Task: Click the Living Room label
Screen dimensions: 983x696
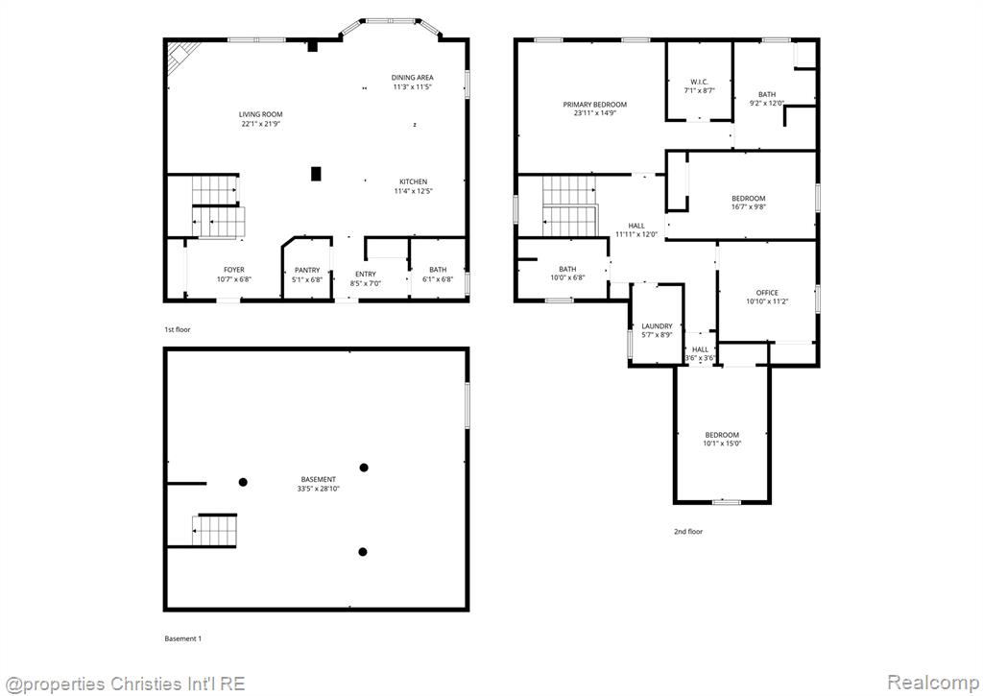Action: (261, 114)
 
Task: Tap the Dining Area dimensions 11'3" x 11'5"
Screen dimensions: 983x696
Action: (413, 87)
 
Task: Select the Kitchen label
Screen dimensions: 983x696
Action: (413, 181)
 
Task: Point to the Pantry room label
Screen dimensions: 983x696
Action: (307, 271)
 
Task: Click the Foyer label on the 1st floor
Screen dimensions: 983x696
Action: (234, 271)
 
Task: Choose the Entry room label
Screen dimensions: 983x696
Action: (366, 274)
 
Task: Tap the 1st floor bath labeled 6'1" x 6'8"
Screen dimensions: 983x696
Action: (438, 275)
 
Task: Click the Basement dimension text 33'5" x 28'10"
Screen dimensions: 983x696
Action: (319, 489)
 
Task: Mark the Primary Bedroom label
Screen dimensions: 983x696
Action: (595, 105)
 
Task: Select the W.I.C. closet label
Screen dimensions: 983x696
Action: (700, 83)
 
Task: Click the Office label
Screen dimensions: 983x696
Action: (767, 293)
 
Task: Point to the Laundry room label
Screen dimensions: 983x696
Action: (657, 326)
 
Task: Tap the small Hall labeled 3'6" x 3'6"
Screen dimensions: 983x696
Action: (700, 353)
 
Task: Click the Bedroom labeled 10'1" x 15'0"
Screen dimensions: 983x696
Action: (722, 439)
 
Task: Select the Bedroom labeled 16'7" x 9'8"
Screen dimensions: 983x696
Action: (749, 203)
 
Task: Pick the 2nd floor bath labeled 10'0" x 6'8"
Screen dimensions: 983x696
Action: (568, 274)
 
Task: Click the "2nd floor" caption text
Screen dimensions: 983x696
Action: (688, 532)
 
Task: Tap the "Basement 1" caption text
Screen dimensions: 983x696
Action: (183, 639)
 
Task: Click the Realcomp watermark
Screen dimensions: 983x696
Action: (933, 682)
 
